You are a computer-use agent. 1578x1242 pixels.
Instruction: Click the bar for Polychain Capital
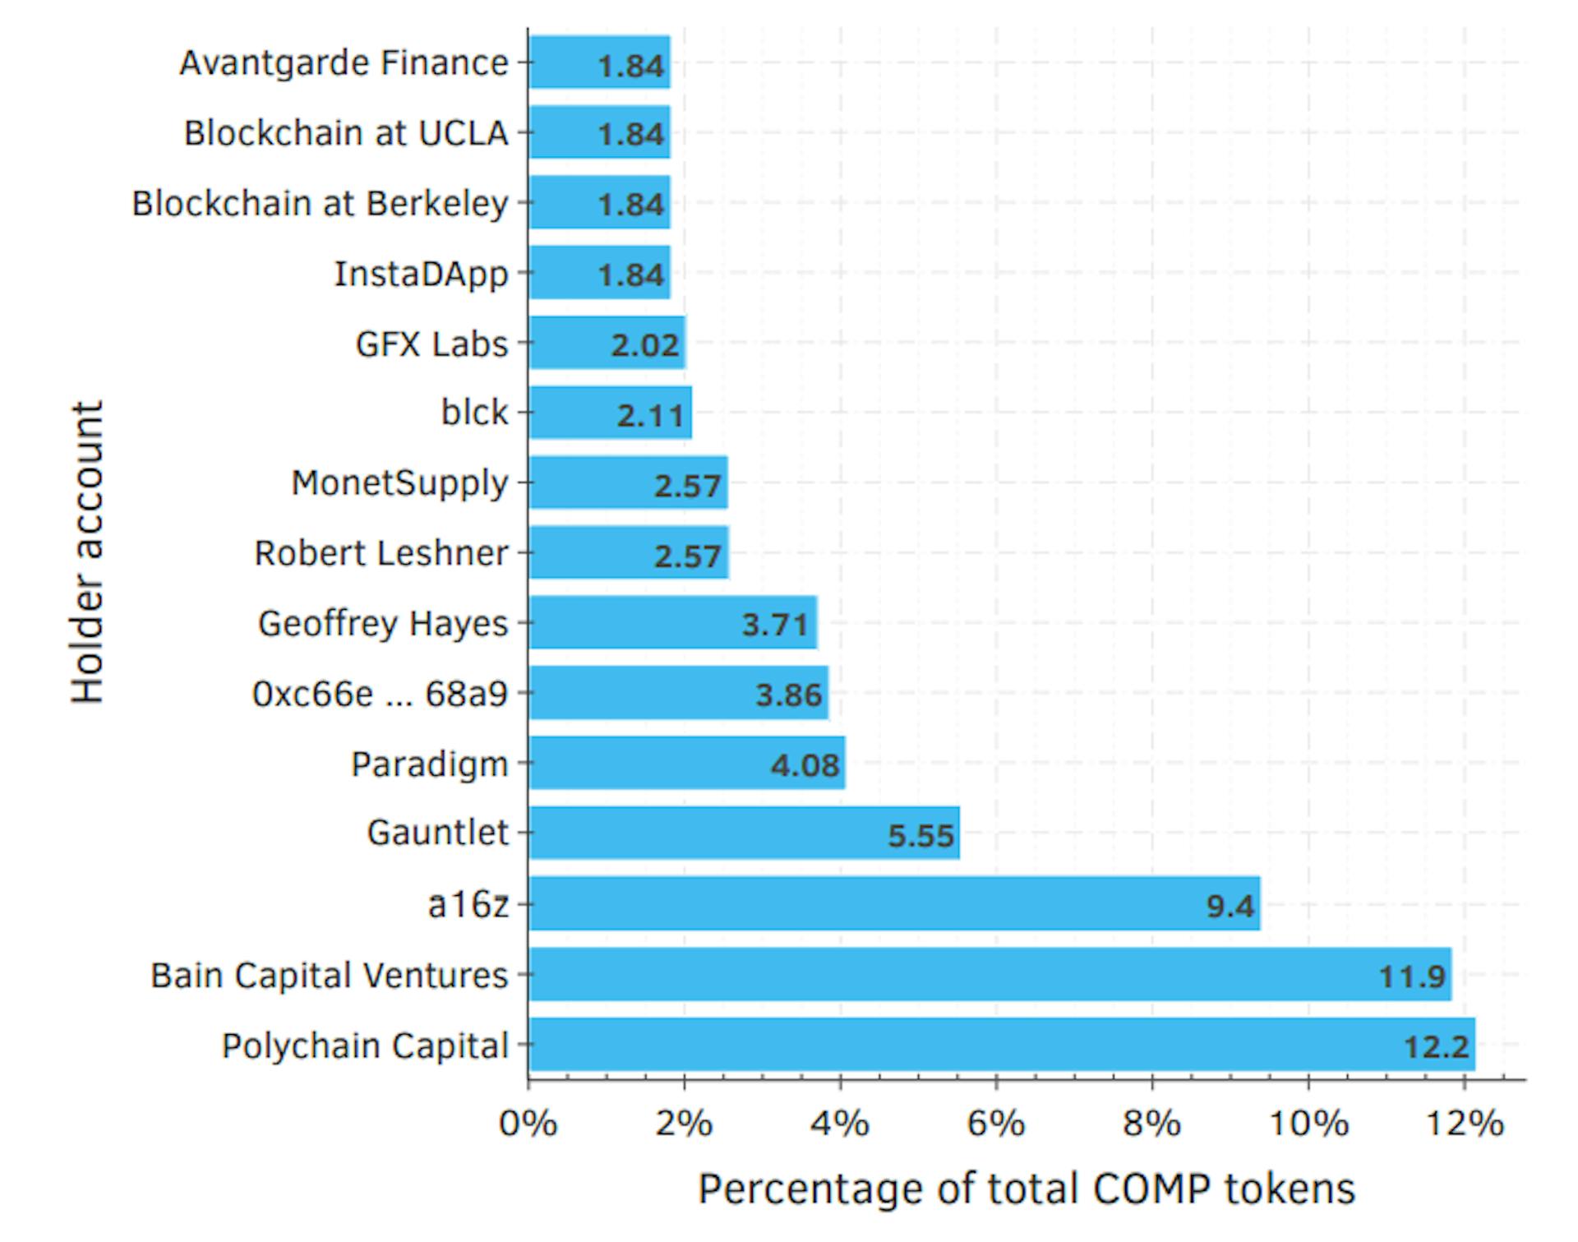(1001, 1044)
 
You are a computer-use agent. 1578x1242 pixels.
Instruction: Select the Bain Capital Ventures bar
(990, 974)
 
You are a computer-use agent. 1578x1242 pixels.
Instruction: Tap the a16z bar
(894, 903)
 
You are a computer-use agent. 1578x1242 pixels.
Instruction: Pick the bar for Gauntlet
(744, 833)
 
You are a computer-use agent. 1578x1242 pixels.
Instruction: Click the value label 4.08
(805, 766)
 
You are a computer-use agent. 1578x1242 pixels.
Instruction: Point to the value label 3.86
(788, 695)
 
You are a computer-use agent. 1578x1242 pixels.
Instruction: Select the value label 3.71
(774, 625)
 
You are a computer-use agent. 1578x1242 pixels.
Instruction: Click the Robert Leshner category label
(381, 553)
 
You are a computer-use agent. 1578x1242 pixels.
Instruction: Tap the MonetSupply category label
(400, 483)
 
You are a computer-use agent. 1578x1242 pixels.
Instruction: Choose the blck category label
(474, 413)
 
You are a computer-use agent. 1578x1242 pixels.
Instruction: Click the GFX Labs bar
(607, 343)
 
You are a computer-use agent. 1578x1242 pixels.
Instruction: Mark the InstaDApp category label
(421, 274)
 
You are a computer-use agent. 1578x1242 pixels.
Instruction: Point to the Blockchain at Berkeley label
(320, 203)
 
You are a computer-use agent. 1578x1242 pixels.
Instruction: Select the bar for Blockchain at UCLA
(599, 132)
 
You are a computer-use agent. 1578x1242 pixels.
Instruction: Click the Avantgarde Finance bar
(599, 62)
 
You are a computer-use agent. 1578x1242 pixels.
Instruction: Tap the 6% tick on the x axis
(995, 1124)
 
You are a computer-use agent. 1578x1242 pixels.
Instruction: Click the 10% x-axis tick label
(1308, 1124)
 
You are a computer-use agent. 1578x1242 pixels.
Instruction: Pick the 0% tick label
(528, 1124)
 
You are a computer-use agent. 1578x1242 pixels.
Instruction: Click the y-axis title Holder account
(87, 552)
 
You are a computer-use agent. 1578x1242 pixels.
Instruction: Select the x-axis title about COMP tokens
(1026, 1189)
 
